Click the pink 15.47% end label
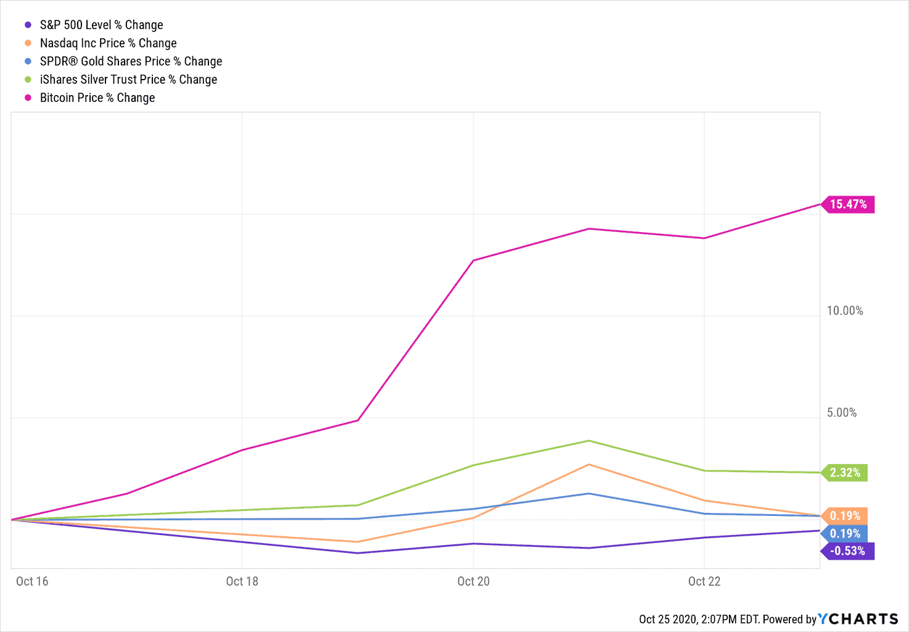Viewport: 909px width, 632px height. click(848, 204)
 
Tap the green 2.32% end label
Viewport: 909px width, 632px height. click(845, 473)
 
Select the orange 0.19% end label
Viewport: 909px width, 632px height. click(845, 516)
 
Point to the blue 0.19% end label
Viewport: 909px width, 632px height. click(845, 534)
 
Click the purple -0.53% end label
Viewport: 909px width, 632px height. click(847, 551)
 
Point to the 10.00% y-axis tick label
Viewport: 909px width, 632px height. click(845, 311)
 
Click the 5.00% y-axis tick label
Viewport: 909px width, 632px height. click(842, 413)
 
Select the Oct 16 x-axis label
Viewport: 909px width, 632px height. click(32, 581)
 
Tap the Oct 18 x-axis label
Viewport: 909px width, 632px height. click(242, 581)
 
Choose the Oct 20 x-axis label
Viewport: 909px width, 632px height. click(474, 581)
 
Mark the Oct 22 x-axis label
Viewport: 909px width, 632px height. click(704, 581)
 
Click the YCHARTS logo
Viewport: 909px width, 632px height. click(858, 619)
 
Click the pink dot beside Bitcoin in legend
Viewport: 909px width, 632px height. click(28, 98)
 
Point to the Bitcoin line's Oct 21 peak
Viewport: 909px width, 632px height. click(589, 229)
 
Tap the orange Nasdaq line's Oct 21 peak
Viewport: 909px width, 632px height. click(589, 465)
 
